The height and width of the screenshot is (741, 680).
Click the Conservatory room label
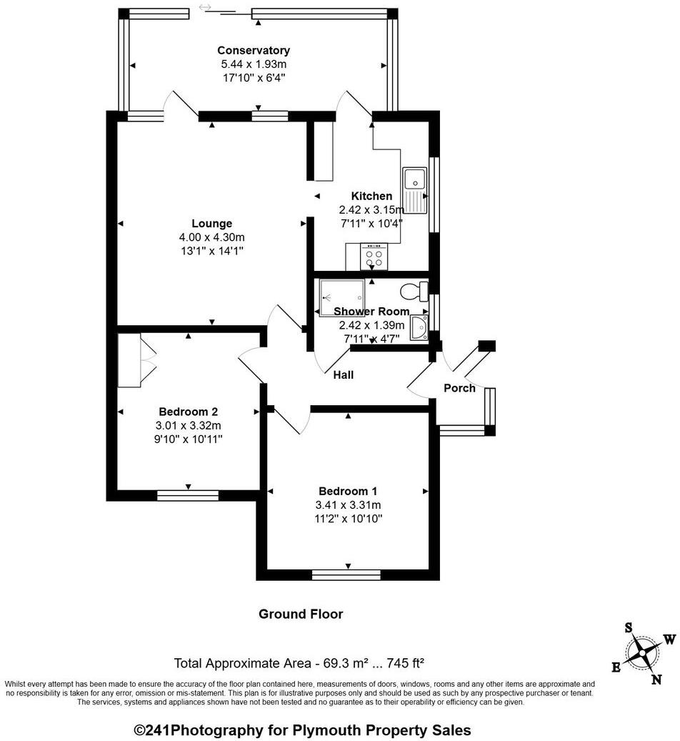[x=254, y=50]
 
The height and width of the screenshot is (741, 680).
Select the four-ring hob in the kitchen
[x=374, y=257]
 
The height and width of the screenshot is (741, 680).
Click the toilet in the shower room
[x=414, y=292]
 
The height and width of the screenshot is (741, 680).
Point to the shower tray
[x=341, y=296]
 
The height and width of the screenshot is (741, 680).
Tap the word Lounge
[x=211, y=224]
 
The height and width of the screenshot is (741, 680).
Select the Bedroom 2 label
[x=188, y=412]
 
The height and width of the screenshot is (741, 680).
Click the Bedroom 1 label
[x=348, y=491]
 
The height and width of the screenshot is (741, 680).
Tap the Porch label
[x=459, y=388]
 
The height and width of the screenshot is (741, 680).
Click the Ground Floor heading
[x=301, y=614]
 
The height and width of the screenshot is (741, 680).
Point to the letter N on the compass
[x=656, y=680]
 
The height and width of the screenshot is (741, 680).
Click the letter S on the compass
[x=629, y=627]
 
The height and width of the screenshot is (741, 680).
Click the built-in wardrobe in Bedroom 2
[x=130, y=360]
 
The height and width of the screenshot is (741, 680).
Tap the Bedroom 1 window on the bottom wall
[x=347, y=573]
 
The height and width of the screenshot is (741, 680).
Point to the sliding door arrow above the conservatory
[x=206, y=7]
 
